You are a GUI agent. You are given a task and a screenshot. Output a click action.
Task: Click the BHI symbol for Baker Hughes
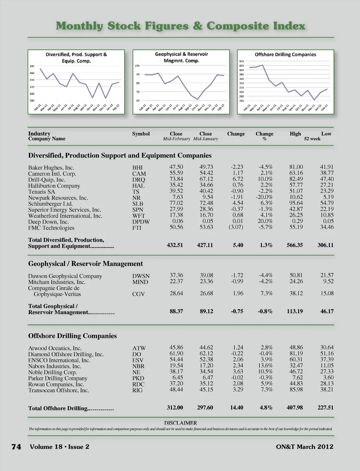point(137,168)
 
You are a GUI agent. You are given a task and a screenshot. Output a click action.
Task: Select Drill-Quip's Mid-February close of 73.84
point(176,179)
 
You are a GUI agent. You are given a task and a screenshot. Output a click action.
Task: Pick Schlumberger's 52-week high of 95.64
point(296,203)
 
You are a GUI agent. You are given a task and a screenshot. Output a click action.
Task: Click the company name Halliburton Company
point(54,186)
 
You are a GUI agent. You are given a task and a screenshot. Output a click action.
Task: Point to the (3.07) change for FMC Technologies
point(236,227)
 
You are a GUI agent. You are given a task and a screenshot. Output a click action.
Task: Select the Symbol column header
point(141,134)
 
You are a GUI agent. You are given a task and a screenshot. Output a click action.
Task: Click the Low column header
point(326,134)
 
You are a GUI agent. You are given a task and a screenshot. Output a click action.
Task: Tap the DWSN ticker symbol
point(141,276)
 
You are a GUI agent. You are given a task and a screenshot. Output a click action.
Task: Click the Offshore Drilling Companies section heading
point(72,336)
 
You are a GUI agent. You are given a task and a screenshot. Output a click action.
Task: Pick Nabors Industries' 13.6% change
point(265,366)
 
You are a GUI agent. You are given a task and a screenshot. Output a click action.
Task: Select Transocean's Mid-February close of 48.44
point(176,390)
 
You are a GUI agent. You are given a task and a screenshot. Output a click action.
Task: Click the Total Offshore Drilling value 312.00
point(175,408)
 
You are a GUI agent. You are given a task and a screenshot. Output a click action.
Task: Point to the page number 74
point(16,447)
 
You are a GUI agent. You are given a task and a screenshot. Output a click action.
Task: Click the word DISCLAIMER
point(180,423)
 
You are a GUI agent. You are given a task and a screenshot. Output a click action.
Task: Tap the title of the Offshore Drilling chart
point(285,54)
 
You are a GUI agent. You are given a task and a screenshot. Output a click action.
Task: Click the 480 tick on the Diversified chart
point(32,66)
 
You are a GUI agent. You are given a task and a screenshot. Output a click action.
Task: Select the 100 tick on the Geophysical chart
point(137,66)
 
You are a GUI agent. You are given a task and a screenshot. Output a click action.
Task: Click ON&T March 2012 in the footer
point(304,447)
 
